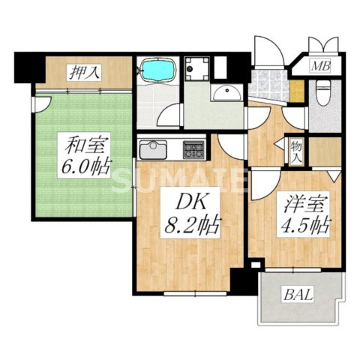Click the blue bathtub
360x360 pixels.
[x=157, y=70]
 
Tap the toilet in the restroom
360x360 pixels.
[x=322, y=94]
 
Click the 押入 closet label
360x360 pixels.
[x=85, y=73]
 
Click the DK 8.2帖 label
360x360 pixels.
[x=193, y=213]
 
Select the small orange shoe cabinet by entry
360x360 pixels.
[x=297, y=94]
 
